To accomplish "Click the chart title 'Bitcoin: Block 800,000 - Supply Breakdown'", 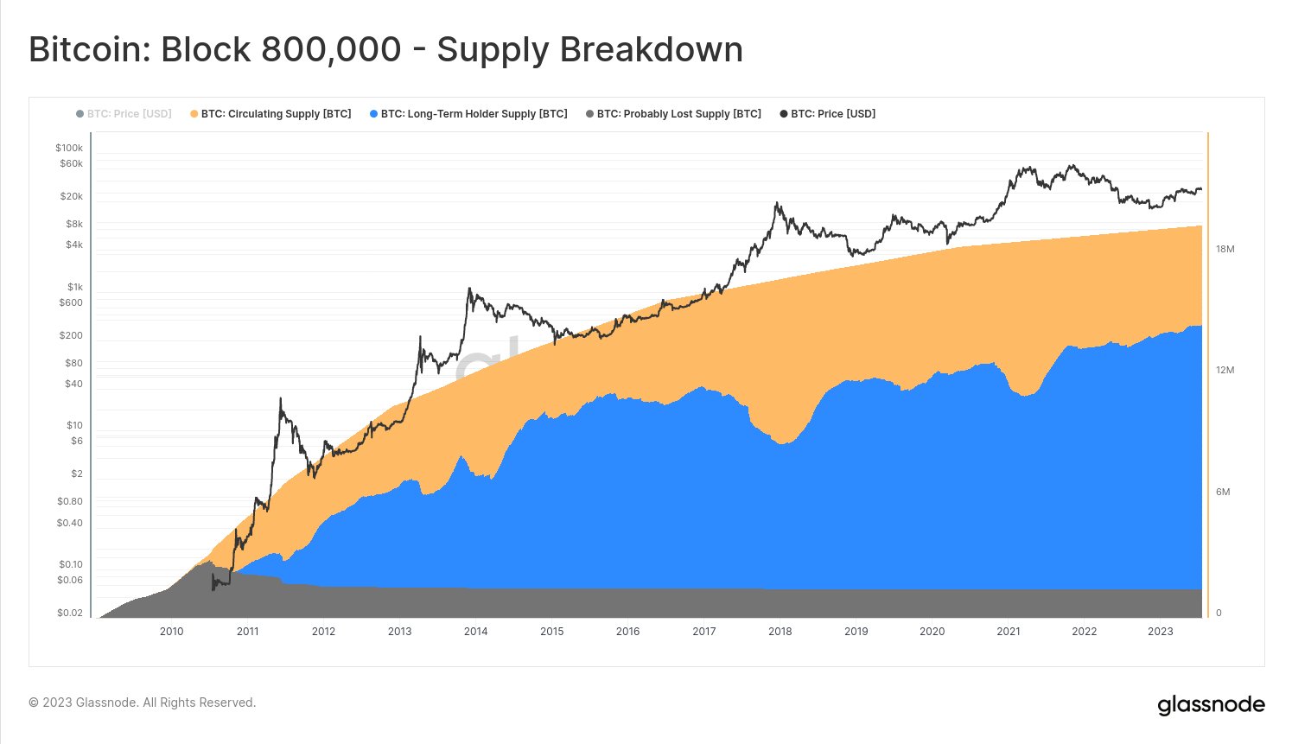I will (385, 49).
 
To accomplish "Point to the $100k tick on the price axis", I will (69, 148).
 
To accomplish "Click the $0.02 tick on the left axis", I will (70, 613).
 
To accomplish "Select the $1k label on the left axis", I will (74, 287).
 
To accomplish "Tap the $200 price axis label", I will (71, 335).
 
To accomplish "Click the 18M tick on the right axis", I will (1225, 249).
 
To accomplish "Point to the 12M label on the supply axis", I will (1225, 370).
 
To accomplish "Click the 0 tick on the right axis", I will (1219, 613).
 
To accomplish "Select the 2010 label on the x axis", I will (171, 631).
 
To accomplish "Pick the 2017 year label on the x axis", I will (703, 631).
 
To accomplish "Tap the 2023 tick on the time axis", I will (1160, 631).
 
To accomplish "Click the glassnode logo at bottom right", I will (1211, 705).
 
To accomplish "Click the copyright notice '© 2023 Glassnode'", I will (143, 703).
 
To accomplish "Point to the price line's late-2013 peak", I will (468, 289).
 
